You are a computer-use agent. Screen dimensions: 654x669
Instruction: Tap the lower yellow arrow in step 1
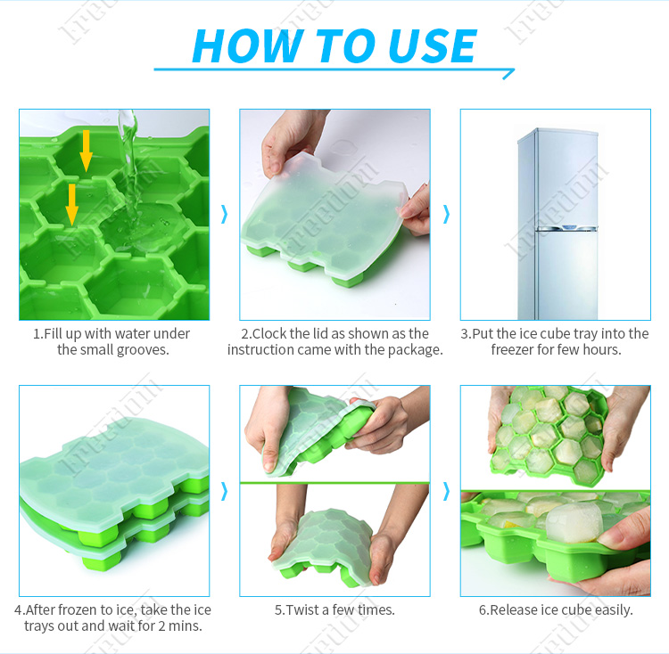click(x=71, y=203)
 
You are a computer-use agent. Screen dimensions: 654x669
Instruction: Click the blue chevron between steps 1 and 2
click(x=224, y=214)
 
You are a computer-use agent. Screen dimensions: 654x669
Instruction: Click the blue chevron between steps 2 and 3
click(x=445, y=214)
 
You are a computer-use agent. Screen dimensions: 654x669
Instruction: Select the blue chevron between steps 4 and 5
click(x=224, y=490)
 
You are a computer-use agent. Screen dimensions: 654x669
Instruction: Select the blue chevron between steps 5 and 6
click(x=445, y=490)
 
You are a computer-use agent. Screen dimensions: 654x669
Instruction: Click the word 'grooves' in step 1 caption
click(x=145, y=350)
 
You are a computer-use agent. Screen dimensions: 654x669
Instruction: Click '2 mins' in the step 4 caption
click(x=183, y=626)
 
